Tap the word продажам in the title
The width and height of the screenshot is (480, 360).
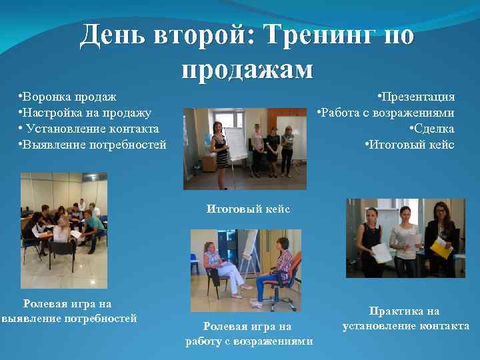click(x=247, y=68)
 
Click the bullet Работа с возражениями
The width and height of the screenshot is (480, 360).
click(x=386, y=113)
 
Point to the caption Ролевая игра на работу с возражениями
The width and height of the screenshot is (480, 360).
click(x=247, y=333)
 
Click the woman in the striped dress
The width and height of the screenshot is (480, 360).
click(x=219, y=148)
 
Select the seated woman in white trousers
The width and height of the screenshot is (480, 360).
click(x=220, y=267)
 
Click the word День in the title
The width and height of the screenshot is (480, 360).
click(x=117, y=35)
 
